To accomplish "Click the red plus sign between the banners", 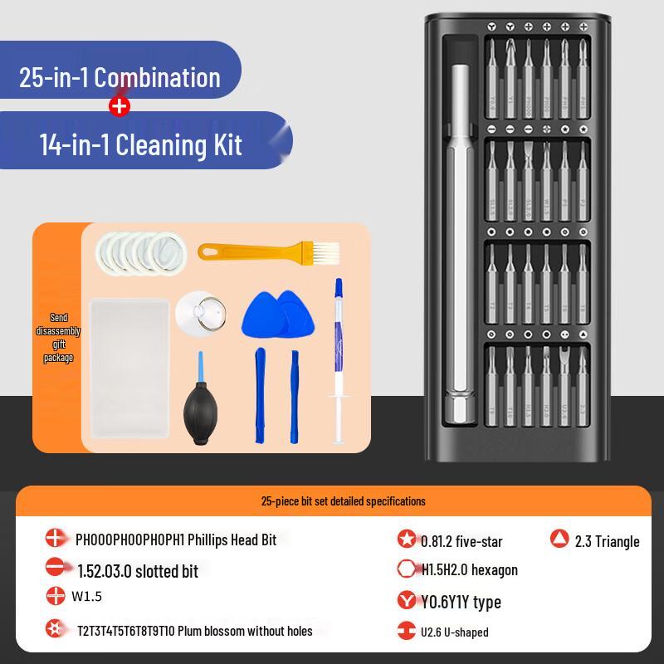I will pyautogui.click(x=120, y=106).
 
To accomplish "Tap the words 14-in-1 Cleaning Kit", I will pyautogui.click(x=140, y=145).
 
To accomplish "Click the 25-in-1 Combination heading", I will pyautogui.click(x=120, y=77).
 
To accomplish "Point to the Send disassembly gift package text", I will pyautogui.click(x=58, y=337).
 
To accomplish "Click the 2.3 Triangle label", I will pyautogui.click(x=607, y=541).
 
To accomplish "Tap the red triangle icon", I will pyautogui.click(x=559, y=539).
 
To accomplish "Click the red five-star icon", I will pyautogui.click(x=406, y=539).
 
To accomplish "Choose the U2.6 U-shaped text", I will pyautogui.click(x=454, y=632).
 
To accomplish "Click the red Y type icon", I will pyautogui.click(x=406, y=600).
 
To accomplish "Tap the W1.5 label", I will pyautogui.click(x=86, y=596).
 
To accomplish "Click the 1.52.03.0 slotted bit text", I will pyautogui.click(x=137, y=571).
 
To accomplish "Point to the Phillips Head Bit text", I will pyautogui.click(x=176, y=539).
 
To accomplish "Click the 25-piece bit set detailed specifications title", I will pyautogui.click(x=343, y=501).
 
